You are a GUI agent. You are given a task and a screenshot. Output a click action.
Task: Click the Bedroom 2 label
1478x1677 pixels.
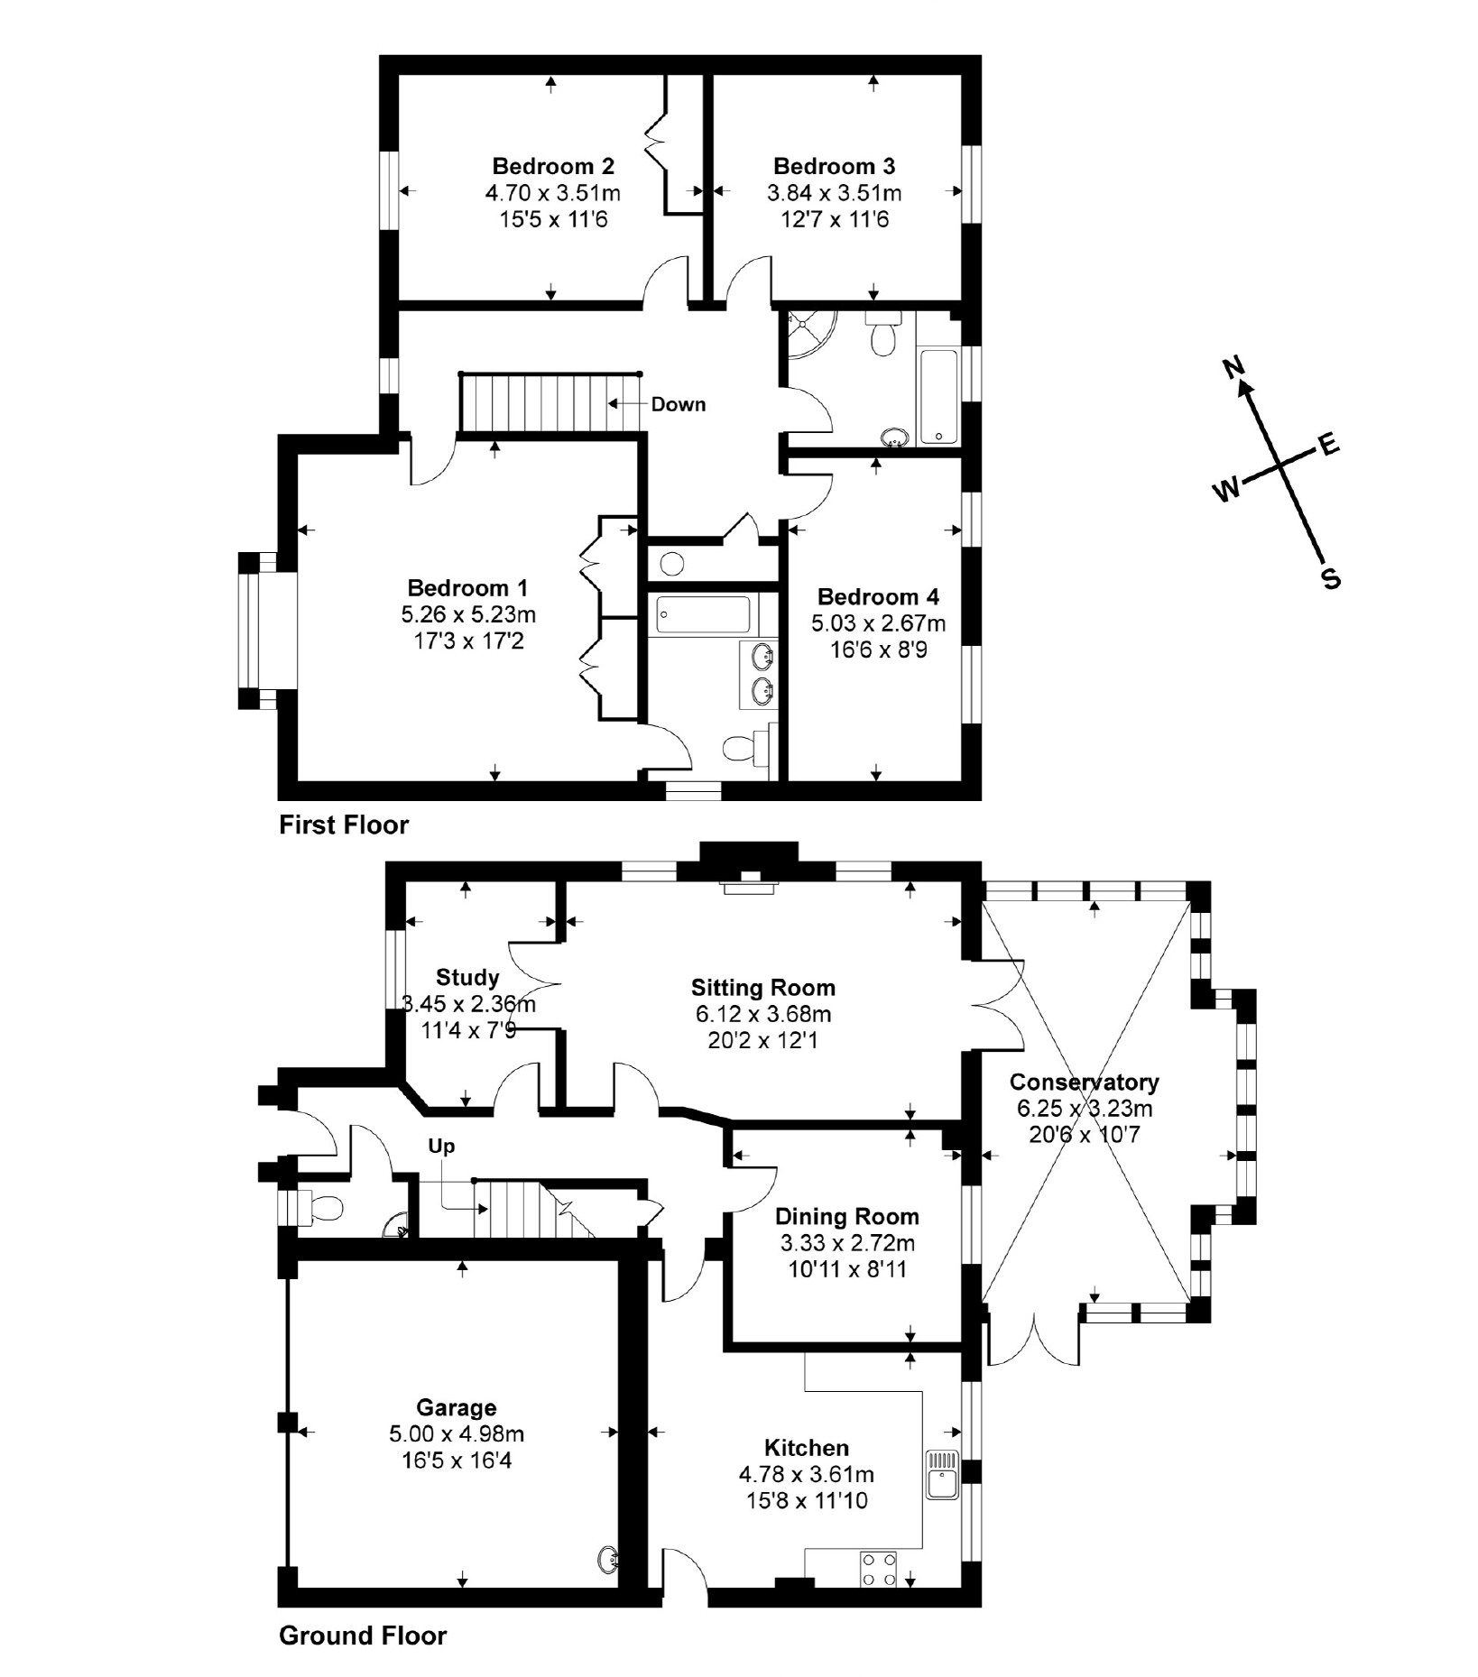[x=552, y=166]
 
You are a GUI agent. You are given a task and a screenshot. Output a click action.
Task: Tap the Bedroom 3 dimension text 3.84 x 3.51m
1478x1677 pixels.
[x=834, y=193]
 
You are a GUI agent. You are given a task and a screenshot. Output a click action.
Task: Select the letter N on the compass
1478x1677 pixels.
[x=1233, y=367]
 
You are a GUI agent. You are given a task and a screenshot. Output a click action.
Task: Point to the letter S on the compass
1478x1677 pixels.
[x=1330, y=578]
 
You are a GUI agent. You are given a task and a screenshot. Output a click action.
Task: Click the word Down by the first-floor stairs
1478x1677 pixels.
[x=678, y=404]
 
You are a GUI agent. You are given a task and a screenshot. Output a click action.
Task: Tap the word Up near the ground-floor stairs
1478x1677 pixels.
[x=441, y=1146]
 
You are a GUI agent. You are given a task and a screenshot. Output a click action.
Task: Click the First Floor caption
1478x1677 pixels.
[x=343, y=825]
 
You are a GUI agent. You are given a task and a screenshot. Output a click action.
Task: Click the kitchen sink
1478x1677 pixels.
[x=941, y=1474]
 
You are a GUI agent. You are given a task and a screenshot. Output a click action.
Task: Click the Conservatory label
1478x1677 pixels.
[x=1084, y=1082]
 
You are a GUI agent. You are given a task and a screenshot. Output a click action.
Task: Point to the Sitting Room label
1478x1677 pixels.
[x=762, y=987]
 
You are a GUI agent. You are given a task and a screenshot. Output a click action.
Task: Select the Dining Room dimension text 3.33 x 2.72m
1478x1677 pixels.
[x=847, y=1243]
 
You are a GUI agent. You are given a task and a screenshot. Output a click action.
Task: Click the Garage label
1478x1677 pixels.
[x=457, y=1407]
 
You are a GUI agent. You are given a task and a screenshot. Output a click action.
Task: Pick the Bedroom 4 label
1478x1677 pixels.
[x=878, y=596]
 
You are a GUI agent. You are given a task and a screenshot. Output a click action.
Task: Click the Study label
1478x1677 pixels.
[x=467, y=977]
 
